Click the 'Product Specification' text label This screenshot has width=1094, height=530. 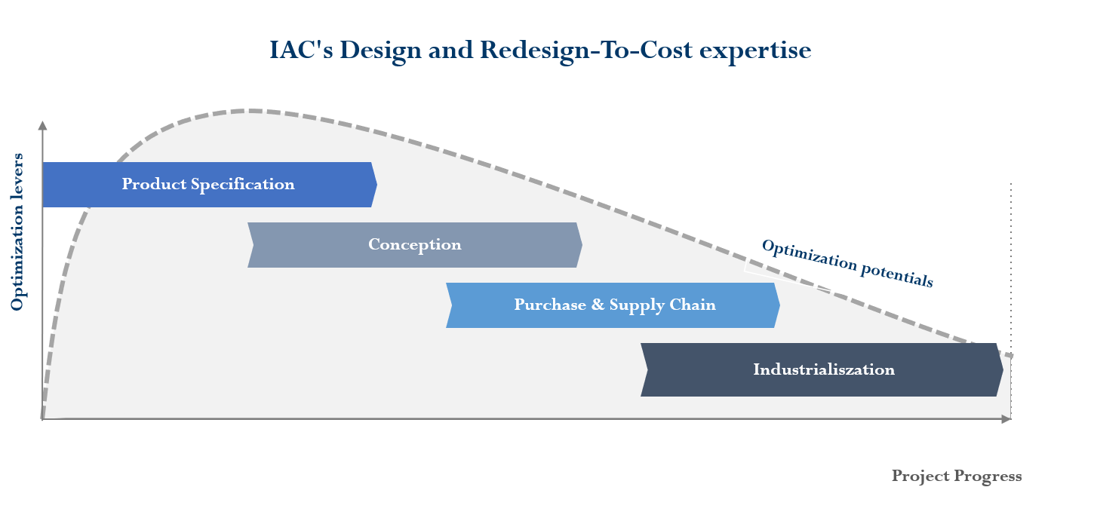[x=208, y=185]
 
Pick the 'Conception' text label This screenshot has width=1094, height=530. [x=414, y=245]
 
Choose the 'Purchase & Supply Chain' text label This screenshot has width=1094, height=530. [x=614, y=305]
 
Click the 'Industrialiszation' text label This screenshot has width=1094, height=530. [x=823, y=369]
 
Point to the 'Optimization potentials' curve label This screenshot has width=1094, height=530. [x=847, y=263]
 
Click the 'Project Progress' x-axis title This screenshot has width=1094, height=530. [x=956, y=476]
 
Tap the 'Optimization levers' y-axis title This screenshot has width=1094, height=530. [x=17, y=231]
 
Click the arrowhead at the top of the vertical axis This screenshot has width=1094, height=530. [x=42, y=125]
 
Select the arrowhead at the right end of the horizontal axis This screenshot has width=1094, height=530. [x=1006, y=419]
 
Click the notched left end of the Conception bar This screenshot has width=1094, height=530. [x=251, y=245]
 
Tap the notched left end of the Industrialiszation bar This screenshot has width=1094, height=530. [x=645, y=369]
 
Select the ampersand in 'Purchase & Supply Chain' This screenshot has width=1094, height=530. [x=598, y=305]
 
